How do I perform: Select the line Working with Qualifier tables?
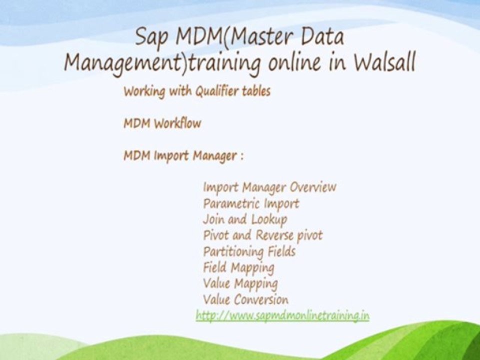click(x=197, y=91)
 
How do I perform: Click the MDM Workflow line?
click(x=162, y=123)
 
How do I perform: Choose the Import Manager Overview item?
click(x=269, y=187)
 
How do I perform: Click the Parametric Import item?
click(x=251, y=203)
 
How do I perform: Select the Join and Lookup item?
click(x=245, y=219)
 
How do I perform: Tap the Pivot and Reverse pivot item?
click(x=263, y=235)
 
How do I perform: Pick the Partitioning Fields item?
click(x=249, y=251)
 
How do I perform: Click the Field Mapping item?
click(x=238, y=267)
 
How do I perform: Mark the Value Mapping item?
click(x=240, y=283)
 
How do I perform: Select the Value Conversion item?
click(x=245, y=299)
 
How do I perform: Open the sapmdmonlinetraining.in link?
click(x=282, y=315)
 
